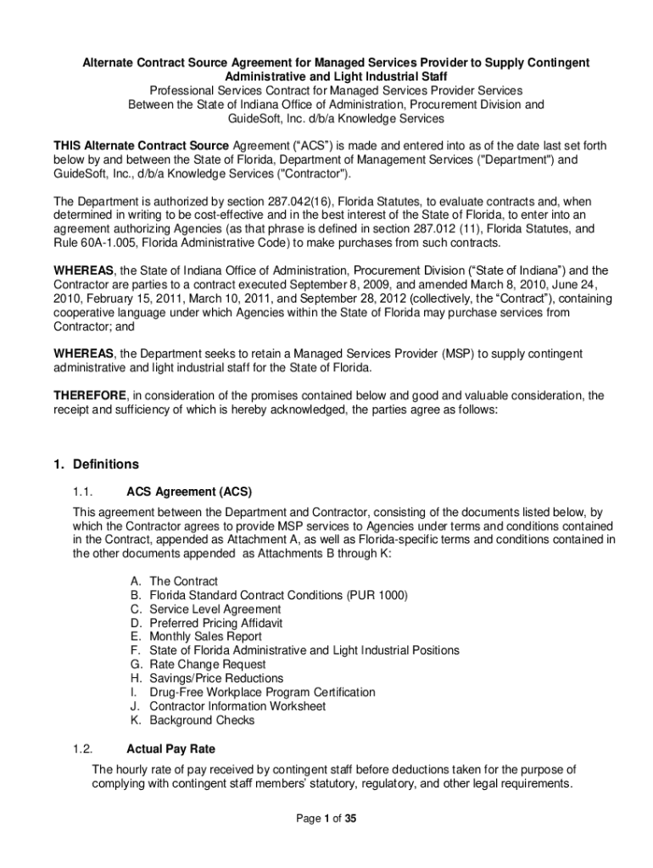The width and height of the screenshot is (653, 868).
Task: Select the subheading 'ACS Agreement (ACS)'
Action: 189,491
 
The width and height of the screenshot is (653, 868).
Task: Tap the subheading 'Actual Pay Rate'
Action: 170,748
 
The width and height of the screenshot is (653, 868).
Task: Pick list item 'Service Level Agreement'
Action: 215,609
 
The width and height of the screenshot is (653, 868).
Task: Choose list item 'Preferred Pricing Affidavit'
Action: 215,623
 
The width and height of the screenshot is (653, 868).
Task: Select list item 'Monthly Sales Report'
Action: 205,637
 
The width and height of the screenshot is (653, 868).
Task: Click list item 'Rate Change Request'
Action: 207,665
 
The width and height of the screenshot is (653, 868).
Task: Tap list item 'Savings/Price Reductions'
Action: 216,678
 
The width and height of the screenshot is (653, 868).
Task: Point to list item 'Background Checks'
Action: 202,721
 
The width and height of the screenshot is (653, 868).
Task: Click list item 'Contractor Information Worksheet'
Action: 237,706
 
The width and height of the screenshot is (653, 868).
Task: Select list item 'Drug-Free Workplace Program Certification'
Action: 262,693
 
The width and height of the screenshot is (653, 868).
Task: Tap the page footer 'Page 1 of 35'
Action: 326,819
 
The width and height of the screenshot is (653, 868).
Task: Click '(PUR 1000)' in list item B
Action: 377,595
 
